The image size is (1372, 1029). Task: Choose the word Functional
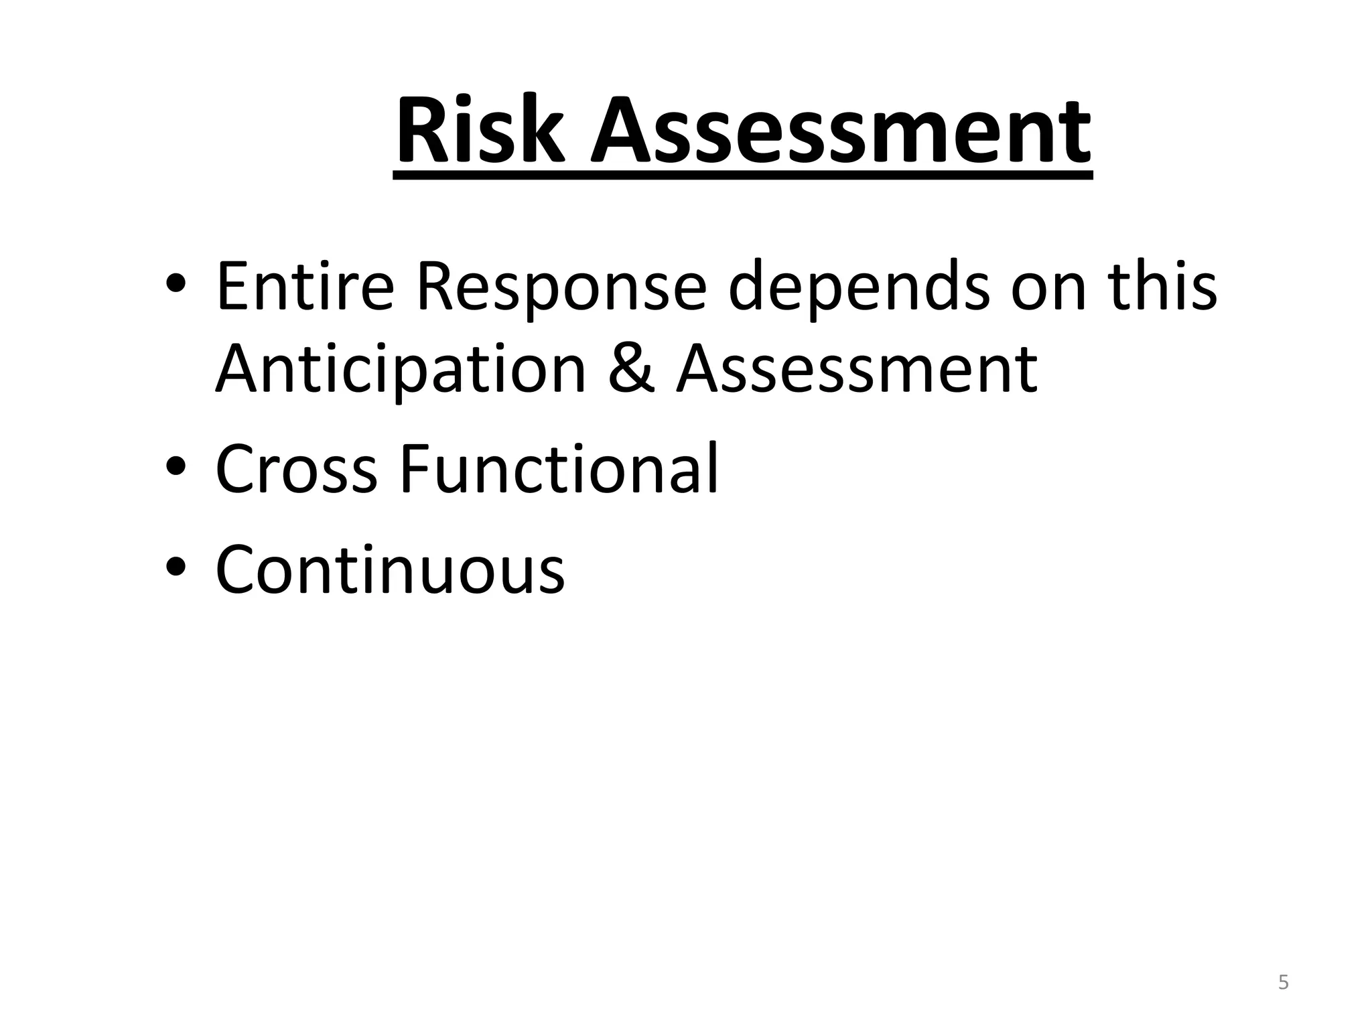[559, 468]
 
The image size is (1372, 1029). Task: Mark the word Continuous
[390, 569]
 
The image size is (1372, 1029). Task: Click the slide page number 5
[1283, 983]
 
